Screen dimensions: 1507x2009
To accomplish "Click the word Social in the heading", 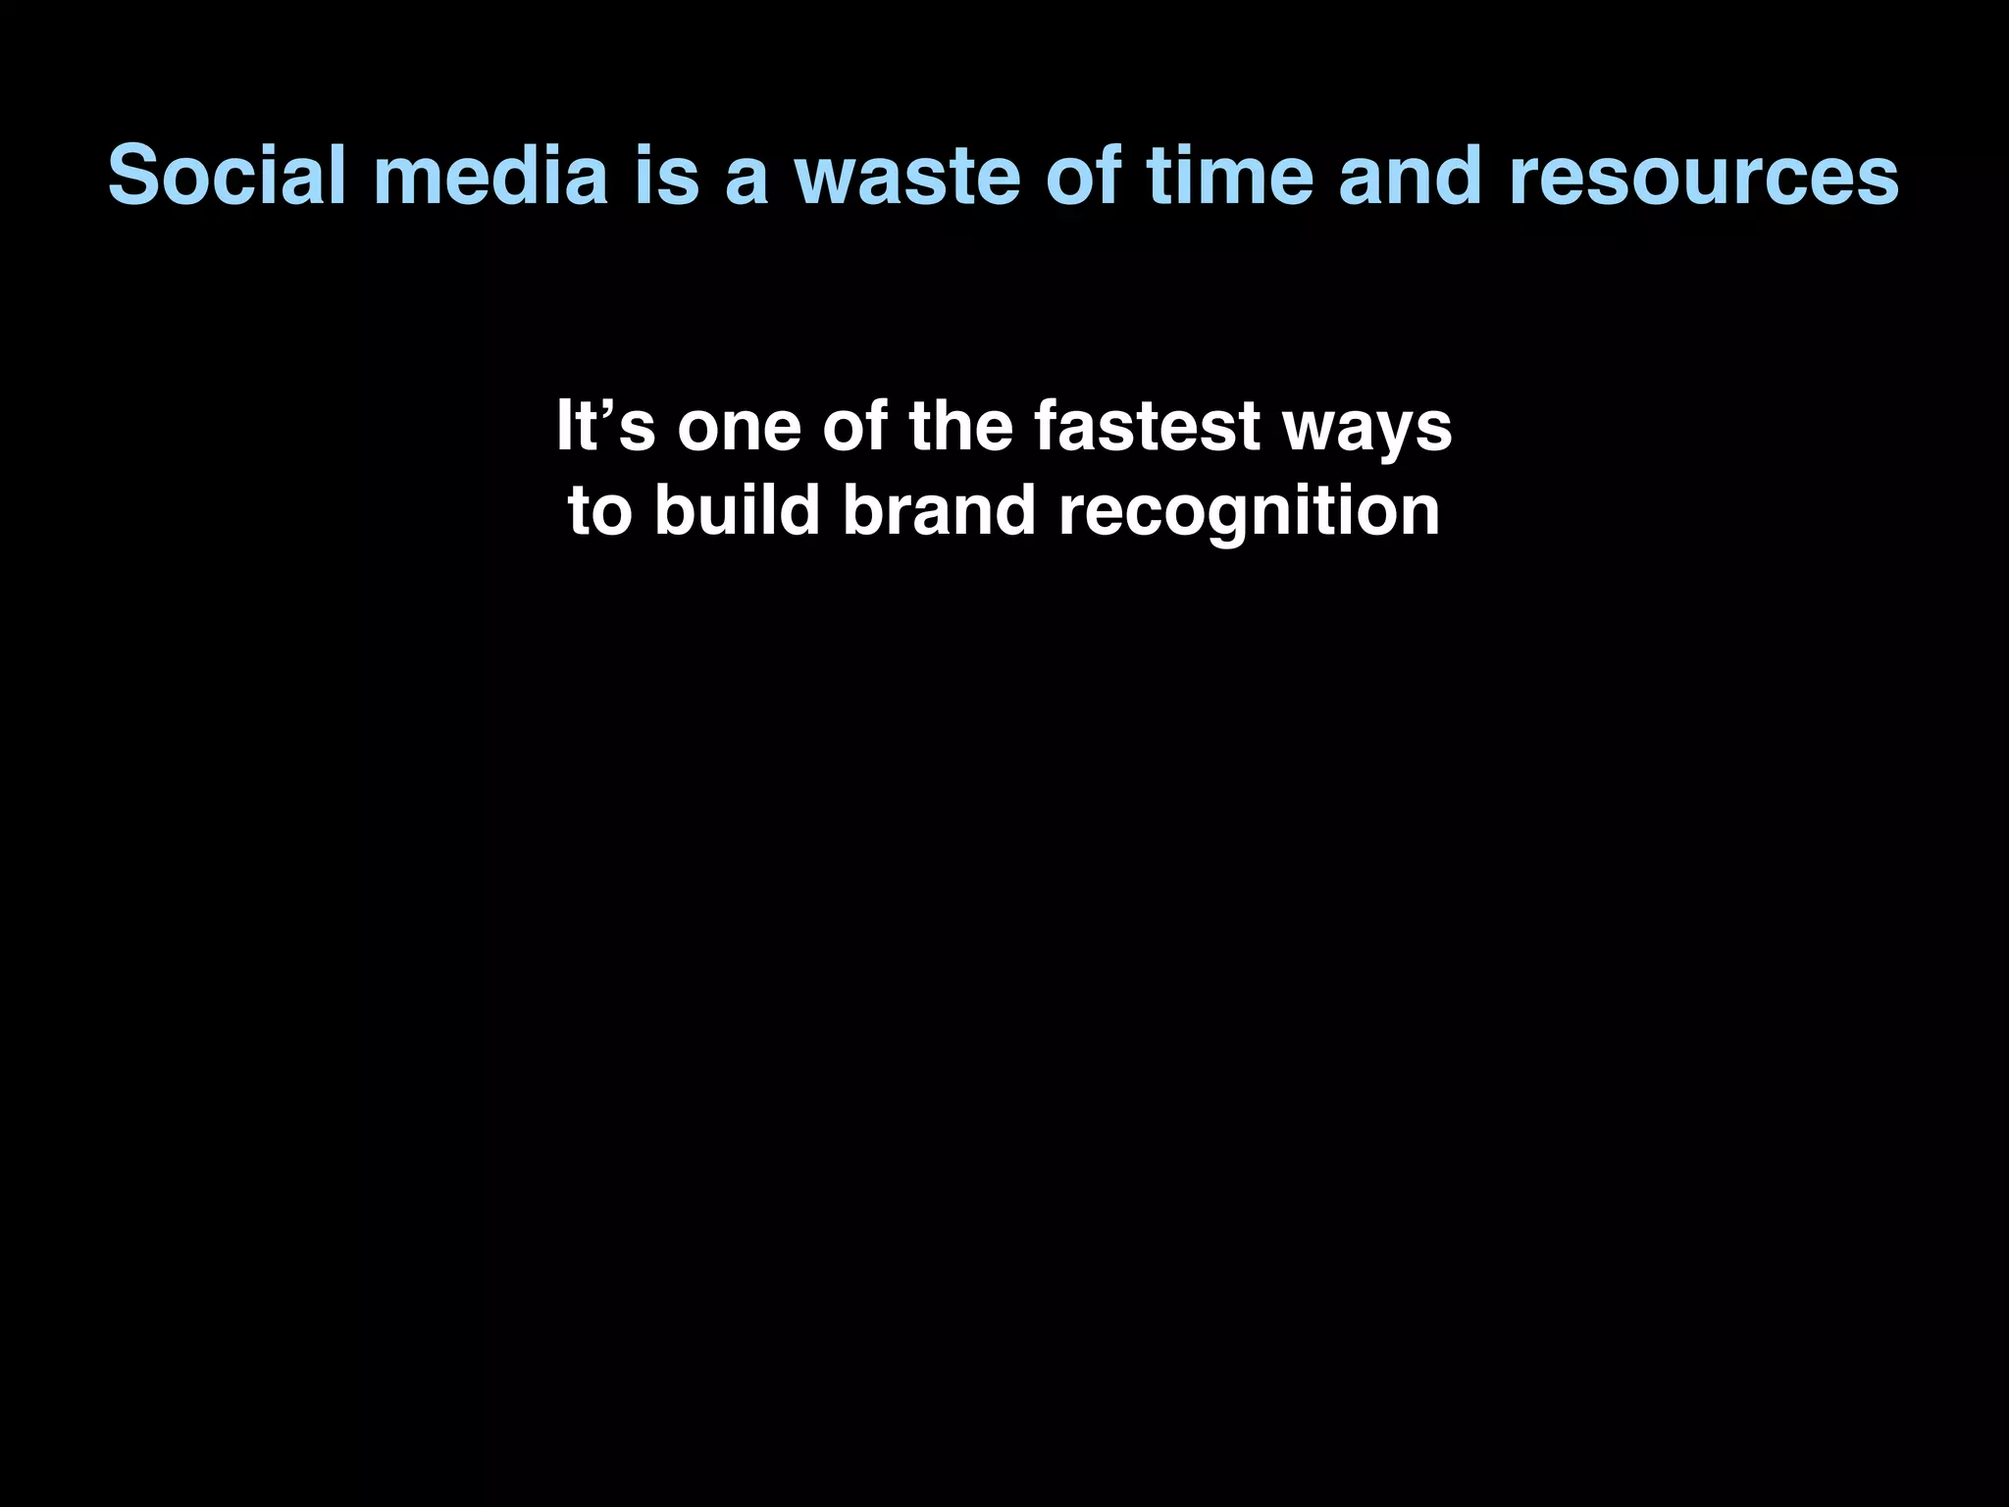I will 227,177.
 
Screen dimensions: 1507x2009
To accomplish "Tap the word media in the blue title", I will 490,177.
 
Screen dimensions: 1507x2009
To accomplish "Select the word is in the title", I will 667,177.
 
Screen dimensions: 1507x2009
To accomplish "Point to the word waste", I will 906,177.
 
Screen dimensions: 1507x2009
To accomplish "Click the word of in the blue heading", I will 1083,177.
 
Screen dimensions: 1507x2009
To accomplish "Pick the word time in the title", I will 1229,177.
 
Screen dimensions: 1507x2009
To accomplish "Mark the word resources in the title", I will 1703,177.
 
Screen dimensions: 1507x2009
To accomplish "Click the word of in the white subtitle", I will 854,427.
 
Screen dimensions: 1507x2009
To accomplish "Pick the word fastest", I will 1147,427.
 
